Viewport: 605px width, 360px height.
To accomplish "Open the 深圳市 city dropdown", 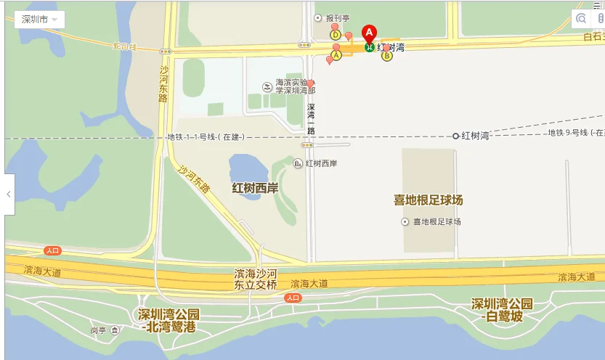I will click(39, 20).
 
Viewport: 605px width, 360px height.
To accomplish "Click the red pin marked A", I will click(369, 33).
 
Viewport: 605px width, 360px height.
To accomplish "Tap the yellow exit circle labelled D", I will click(336, 34).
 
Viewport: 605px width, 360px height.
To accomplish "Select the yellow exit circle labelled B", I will click(386, 55).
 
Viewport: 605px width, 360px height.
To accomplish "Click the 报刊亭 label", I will click(338, 18).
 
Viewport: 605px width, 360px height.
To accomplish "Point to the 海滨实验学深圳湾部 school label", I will click(295, 86).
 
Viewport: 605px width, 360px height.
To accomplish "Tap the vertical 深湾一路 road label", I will click(310, 119).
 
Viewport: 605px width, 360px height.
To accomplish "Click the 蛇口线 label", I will click(124, 46).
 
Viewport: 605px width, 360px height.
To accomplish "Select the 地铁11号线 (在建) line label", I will click(206, 136).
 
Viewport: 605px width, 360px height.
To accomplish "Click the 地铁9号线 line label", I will click(575, 133).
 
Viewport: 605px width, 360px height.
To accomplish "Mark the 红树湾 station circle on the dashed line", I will click(456, 136).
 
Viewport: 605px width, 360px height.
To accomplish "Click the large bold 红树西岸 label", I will click(255, 188).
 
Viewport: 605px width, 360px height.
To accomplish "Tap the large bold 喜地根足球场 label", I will click(428, 200).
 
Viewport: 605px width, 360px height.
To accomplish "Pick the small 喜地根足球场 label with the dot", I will click(437, 221).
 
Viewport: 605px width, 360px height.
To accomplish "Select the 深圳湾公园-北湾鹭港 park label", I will click(168, 320).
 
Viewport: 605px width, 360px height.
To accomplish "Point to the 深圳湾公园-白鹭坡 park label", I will click(502, 310).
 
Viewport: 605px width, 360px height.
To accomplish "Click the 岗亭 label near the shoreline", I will click(99, 330).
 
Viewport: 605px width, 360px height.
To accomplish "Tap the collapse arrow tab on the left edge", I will click(9, 195).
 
